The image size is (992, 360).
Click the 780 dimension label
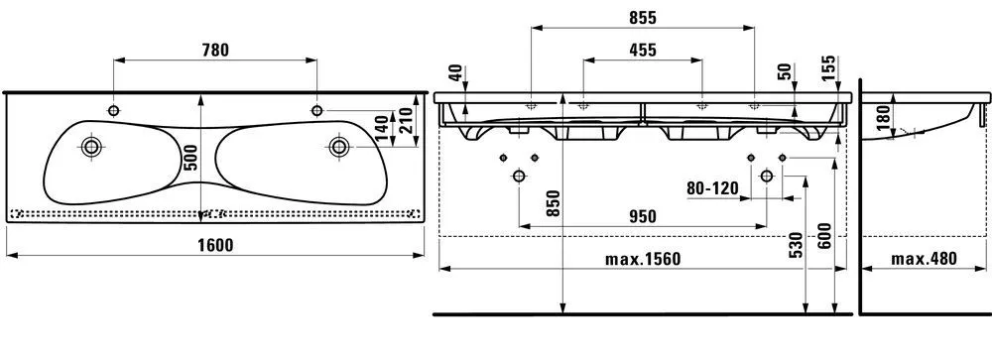(214, 50)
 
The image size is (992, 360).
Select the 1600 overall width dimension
(215, 245)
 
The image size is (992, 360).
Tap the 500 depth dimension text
(191, 157)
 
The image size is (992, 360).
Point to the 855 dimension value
(643, 18)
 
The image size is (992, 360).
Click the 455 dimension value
(643, 50)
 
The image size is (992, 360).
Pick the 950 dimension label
(643, 216)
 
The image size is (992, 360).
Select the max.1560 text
(643, 259)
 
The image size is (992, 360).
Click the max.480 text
(924, 259)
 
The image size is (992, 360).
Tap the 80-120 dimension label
(712, 187)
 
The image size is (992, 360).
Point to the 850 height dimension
(554, 203)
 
